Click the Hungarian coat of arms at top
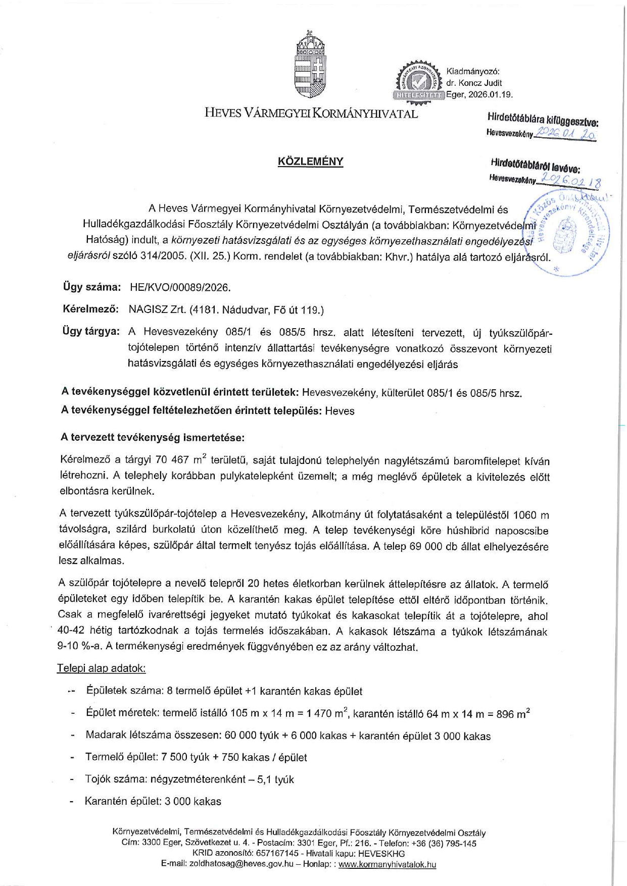tap(310, 65)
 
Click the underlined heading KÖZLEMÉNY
tap(310, 162)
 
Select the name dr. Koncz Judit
tap(474, 83)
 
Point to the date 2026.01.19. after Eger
tap(491, 94)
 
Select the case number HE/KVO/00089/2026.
tap(180, 288)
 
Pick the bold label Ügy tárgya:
tap(91, 332)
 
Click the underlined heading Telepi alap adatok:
tap(101, 668)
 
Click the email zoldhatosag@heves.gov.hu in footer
tap(241, 864)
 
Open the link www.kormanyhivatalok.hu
tap(387, 864)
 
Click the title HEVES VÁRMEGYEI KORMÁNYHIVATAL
tap(311, 113)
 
